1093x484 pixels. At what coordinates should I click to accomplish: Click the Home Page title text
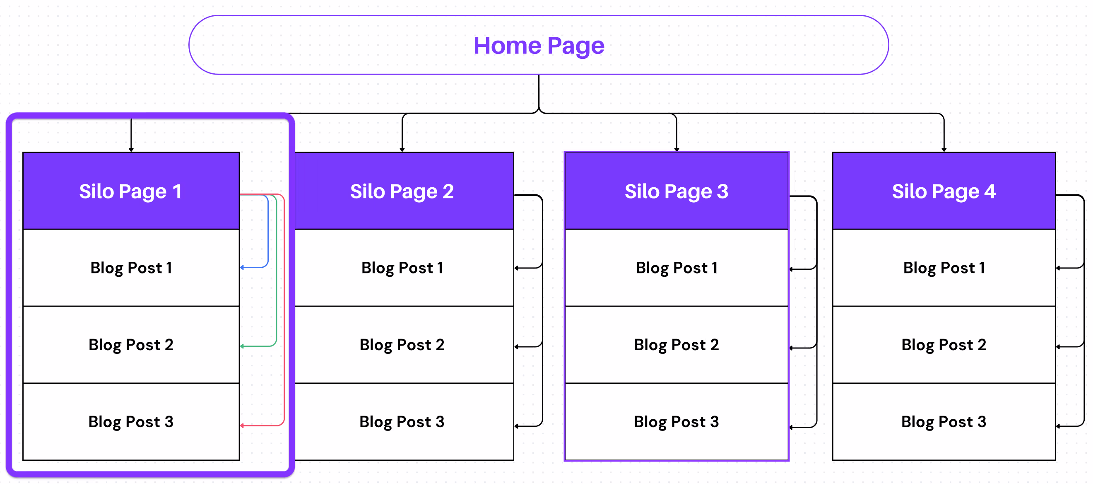tap(539, 46)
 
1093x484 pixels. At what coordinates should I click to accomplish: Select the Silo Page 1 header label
tap(131, 191)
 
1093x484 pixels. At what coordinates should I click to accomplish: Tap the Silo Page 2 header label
tap(402, 191)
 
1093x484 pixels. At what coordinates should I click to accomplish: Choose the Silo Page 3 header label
tap(677, 191)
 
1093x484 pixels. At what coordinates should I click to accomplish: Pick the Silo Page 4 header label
tap(944, 191)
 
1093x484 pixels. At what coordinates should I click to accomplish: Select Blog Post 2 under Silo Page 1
tap(131, 345)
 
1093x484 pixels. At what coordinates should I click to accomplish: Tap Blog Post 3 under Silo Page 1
tap(131, 422)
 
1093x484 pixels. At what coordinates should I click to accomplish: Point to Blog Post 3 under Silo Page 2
tap(402, 422)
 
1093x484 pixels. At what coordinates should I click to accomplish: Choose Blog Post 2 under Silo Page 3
tap(677, 345)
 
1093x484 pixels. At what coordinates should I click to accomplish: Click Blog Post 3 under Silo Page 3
tap(677, 422)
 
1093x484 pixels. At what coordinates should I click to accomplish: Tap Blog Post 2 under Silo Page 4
tap(944, 345)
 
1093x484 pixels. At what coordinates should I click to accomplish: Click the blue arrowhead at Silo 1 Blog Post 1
tap(242, 267)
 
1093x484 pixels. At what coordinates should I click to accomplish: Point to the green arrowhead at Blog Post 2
tap(242, 346)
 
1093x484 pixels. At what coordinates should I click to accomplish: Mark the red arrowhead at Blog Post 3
tap(242, 426)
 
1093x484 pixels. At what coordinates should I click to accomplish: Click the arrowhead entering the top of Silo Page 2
tap(402, 150)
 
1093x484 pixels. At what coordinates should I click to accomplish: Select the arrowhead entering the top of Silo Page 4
tap(944, 150)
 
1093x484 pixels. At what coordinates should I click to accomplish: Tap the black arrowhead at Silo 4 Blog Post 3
tap(1058, 426)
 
